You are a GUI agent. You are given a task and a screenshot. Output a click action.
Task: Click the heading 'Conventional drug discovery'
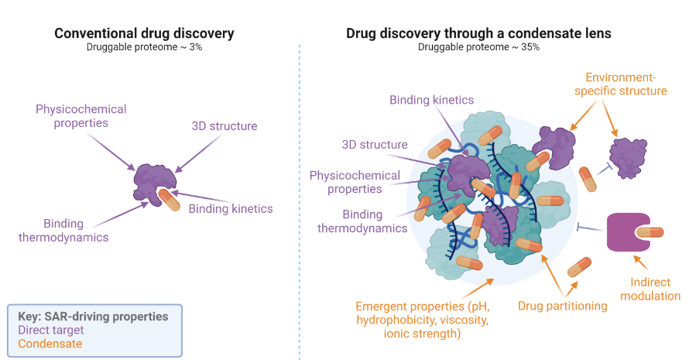click(144, 33)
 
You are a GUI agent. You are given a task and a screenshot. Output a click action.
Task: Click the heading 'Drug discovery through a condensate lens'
click(478, 33)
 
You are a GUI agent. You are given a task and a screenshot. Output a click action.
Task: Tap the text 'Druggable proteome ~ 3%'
click(144, 48)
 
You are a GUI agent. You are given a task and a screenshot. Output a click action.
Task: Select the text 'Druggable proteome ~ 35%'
click(478, 48)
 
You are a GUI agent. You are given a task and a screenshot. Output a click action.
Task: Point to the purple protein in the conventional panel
click(153, 182)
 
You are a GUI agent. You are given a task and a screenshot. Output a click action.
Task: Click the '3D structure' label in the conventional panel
click(225, 126)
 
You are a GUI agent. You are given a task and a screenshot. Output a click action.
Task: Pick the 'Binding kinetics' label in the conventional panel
click(231, 208)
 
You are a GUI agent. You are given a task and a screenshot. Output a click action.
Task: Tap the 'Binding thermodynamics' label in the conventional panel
click(64, 230)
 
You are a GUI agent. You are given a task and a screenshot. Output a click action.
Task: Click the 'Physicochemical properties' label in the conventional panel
click(81, 116)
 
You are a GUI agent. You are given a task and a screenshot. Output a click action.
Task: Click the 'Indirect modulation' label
click(644, 290)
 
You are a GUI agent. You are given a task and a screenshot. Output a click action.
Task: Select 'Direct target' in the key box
click(52, 330)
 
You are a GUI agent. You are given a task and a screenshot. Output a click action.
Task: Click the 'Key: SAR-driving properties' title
click(93, 317)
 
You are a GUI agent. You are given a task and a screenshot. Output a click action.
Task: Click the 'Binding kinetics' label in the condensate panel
click(431, 100)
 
